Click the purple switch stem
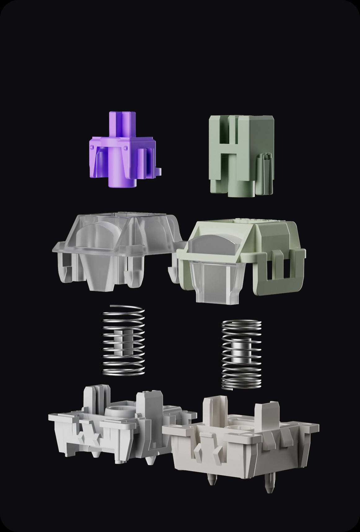click(x=122, y=152)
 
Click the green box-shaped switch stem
click(x=242, y=155)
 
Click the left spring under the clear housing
click(x=123, y=341)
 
